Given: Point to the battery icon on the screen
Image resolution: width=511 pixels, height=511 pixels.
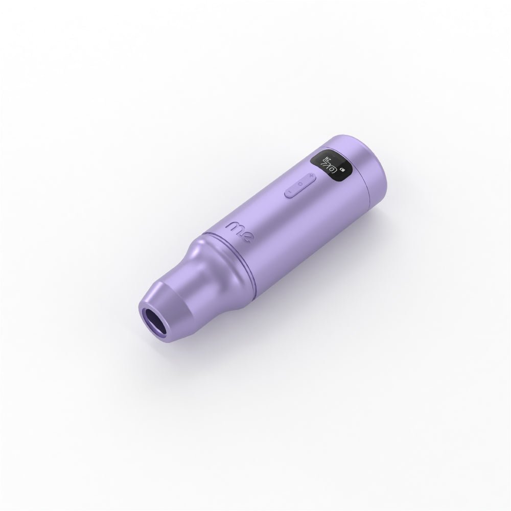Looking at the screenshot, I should (x=341, y=168).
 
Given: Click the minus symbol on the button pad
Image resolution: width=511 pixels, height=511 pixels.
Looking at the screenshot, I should (x=290, y=192).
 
